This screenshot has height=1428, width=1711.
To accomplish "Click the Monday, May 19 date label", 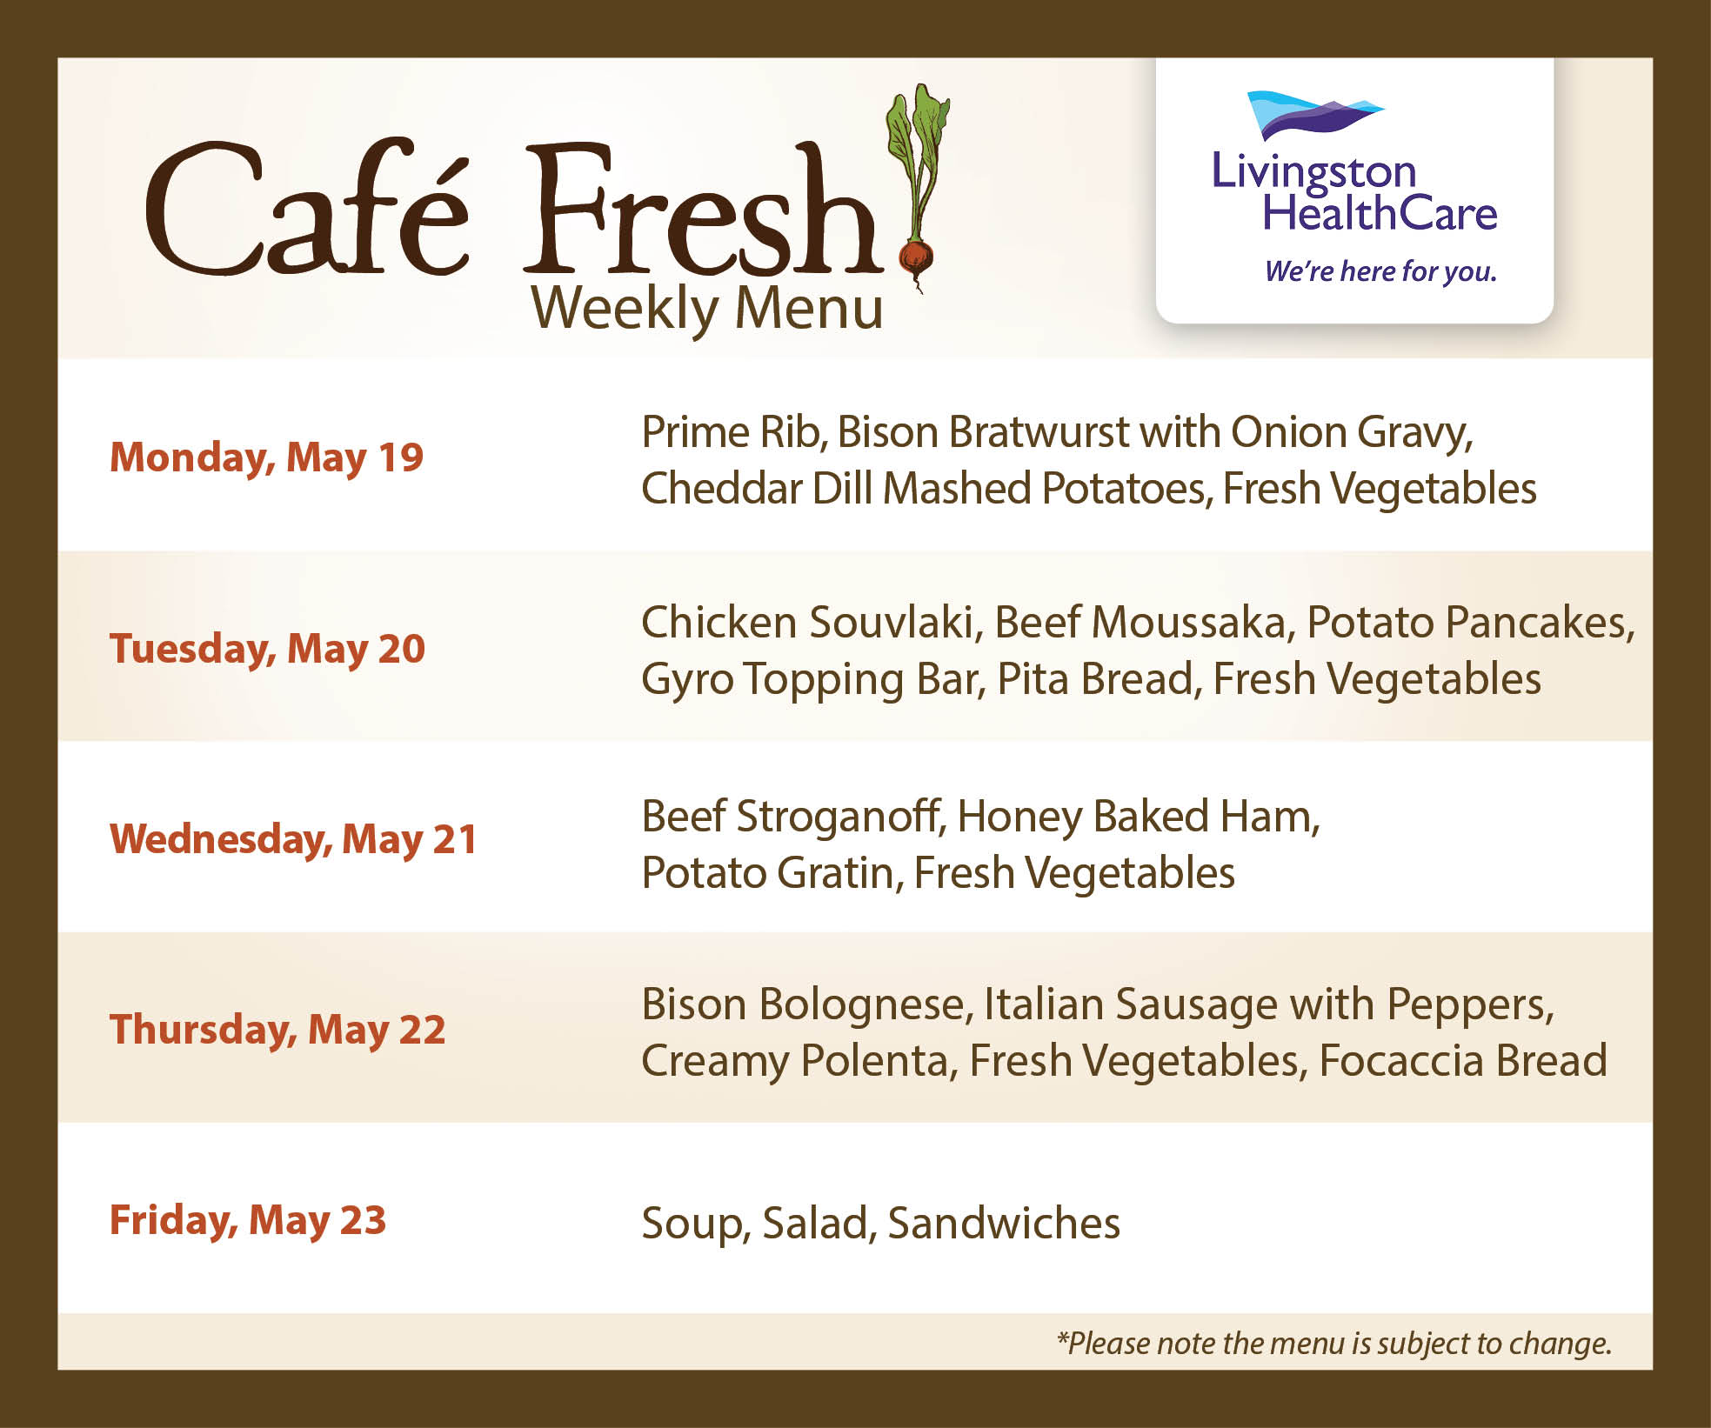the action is [266, 457].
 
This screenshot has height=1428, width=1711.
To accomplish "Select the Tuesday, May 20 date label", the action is [267, 649].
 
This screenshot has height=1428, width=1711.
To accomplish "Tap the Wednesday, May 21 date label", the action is [293, 839].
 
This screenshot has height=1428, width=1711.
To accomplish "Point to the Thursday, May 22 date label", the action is [277, 1030].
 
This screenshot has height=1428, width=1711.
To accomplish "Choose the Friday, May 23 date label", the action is [248, 1220].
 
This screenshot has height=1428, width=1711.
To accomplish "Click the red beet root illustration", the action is [915, 259].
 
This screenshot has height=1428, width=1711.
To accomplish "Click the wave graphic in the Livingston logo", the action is [1313, 114].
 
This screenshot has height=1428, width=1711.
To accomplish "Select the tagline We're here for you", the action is [1380, 271].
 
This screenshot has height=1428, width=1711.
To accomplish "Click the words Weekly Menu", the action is [707, 309].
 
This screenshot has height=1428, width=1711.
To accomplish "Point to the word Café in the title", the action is [307, 209].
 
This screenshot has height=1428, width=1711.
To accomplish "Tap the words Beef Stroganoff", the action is [793, 817].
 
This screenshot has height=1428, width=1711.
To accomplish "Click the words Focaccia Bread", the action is [1463, 1061].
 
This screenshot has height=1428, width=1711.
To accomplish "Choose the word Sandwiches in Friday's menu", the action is [1004, 1224].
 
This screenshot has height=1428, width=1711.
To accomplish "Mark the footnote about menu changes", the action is [1334, 1344].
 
